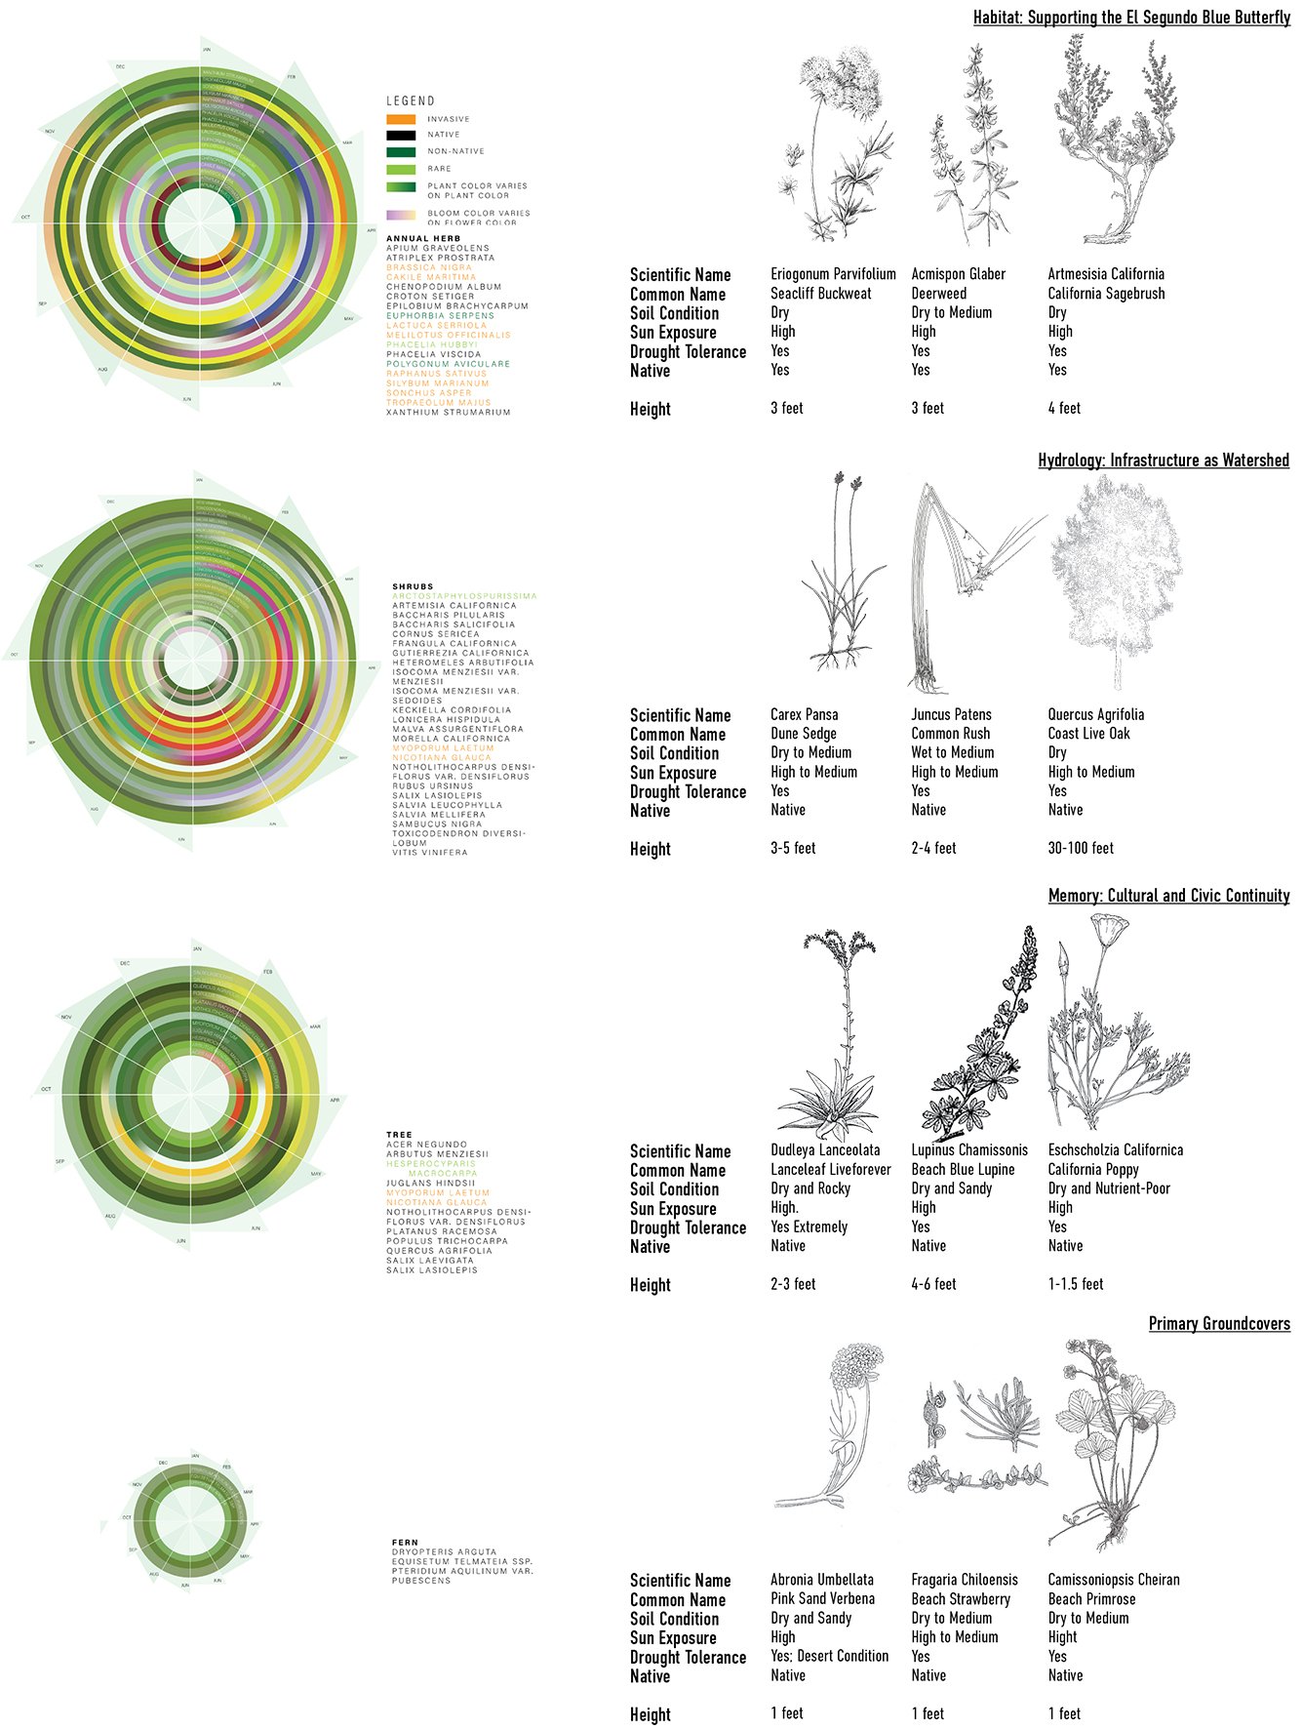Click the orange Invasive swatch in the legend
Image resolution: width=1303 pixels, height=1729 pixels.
tap(401, 119)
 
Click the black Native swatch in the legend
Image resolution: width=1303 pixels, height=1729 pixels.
tap(401, 136)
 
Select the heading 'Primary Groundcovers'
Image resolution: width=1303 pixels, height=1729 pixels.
tap(1218, 1324)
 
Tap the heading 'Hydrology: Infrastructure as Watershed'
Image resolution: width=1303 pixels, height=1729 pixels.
tap(1163, 461)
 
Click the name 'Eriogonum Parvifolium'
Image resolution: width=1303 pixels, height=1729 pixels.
tap(833, 274)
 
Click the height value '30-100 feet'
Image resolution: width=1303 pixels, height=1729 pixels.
tap(1080, 849)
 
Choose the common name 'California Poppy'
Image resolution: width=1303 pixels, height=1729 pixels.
tap(1092, 1170)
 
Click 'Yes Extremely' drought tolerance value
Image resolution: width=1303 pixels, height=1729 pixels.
tap(809, 1227)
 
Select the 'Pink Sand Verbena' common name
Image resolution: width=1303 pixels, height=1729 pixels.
tap(821, 1599)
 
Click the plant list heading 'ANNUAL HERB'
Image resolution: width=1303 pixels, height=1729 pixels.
tap(423, 238)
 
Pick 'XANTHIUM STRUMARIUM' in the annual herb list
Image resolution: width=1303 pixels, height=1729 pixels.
tap(448, 413)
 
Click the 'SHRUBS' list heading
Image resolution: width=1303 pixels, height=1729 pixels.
tap(413, 586)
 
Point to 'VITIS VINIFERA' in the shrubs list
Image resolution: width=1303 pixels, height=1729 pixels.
tap(429, 853)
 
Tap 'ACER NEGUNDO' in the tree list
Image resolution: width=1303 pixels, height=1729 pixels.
tap(426, 1145)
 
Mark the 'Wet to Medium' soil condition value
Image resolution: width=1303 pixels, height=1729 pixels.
tap(952, 753)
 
